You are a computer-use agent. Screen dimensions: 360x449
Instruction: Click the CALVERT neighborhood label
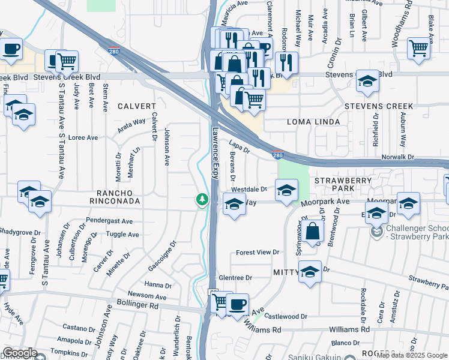[136, 106]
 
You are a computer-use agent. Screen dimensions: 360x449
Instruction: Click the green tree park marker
[202, 200]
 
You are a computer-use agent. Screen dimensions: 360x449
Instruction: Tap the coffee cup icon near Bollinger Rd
[237, 304]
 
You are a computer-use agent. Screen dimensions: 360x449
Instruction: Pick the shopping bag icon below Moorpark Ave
[313, 232]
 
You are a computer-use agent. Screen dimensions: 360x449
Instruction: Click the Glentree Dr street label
[235, 278]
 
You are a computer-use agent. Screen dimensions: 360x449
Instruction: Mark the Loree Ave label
[83, 137]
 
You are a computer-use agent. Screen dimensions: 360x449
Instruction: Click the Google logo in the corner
[20, 353]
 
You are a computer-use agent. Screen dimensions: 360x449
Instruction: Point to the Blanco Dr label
[345, 343]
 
